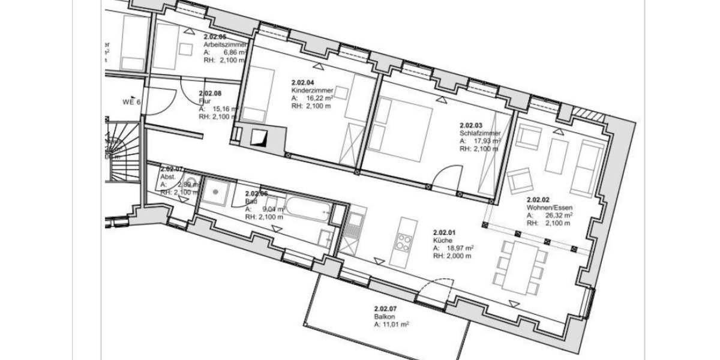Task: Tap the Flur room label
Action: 205,101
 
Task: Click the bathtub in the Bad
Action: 308,209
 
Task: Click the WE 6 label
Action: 131,102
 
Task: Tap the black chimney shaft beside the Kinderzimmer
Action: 259,139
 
